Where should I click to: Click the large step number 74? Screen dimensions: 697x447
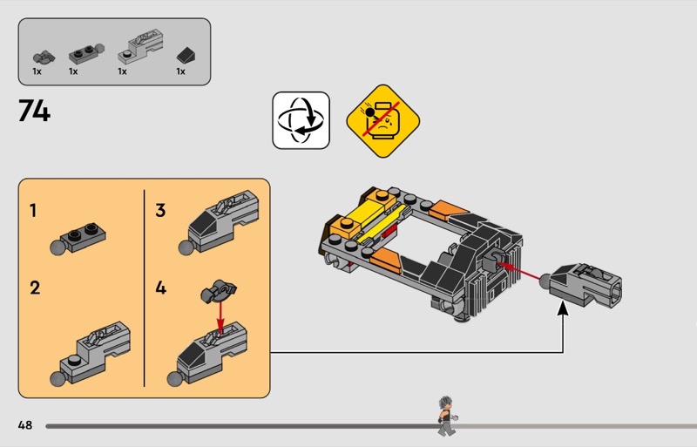point(34,111)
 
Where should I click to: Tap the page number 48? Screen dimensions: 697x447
point(25,424)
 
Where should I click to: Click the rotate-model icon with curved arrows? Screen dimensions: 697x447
point(301,120)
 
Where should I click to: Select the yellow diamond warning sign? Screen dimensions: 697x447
point(383,121)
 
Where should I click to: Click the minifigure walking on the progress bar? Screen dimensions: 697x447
point(447,416)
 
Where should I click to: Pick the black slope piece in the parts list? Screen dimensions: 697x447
point(186,56)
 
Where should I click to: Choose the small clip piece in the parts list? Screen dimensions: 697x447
point(44,57)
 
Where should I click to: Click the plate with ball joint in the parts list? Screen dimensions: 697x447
point(86,54)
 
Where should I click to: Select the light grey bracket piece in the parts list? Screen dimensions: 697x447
point(140,47)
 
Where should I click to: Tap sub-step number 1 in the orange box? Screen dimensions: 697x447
point(33,210)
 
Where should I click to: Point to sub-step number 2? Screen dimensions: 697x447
point(35,288)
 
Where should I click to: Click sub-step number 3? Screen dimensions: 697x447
point(160,210)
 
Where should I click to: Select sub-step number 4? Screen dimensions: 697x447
point(160,288)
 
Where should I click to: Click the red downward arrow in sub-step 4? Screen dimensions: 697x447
point(220,315)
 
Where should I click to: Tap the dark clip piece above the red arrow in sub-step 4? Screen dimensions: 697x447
point(219,291)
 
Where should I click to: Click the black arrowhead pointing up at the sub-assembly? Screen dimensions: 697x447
point(563,308)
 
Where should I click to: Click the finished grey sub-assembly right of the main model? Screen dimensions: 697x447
point(581,285)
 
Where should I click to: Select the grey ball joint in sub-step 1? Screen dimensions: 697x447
point(58,247)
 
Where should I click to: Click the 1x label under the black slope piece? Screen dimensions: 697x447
point(180,71)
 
